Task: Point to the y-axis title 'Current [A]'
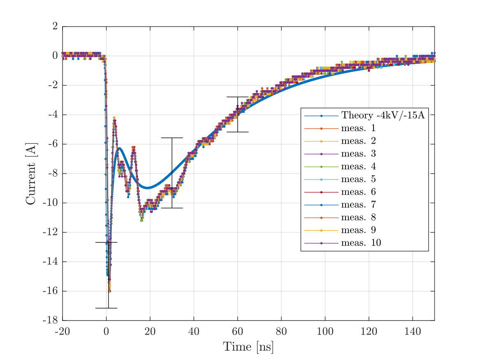(x=31, y=173)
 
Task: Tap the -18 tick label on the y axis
(x=50, y=321)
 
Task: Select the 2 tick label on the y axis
(x=55, y=26)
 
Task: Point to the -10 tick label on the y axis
(x=50, y=203)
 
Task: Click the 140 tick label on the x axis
(x=412, y=332)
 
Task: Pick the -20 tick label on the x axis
(x=63, y=332)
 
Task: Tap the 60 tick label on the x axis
(x=237, y=332)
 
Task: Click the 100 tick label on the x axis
(x=325, y=332)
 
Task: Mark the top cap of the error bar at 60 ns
(x=237, y=97)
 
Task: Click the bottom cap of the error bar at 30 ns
(x=172, y=208)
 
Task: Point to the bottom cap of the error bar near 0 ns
(x=106, y=308)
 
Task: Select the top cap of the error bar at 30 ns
(x=172, y=138)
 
